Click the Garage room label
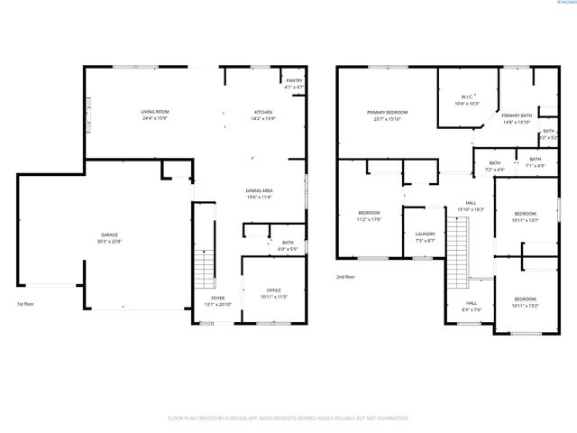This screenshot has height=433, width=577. [109, 238]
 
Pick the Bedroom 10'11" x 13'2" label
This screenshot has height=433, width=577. [525, 301]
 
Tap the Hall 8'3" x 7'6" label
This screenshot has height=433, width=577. [471, 306]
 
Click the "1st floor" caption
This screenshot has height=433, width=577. [25, 304]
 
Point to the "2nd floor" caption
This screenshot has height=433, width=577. [345, 277]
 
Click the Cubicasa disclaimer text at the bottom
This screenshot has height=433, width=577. [288, 419]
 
